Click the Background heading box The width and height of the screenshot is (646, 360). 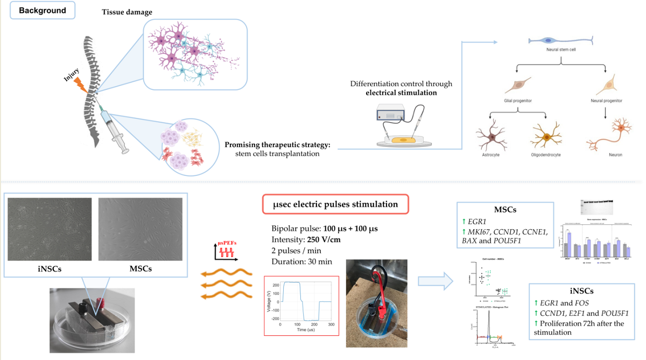coord(43,10)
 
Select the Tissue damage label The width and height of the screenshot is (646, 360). coord(127,12)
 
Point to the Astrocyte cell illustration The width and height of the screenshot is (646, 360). coord(491,135)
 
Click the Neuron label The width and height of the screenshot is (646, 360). coord(615,154)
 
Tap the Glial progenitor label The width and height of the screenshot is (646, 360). coord(517,101)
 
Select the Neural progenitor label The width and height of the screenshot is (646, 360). coord(607,101)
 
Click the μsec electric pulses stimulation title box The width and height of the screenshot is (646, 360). coord(335,204)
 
